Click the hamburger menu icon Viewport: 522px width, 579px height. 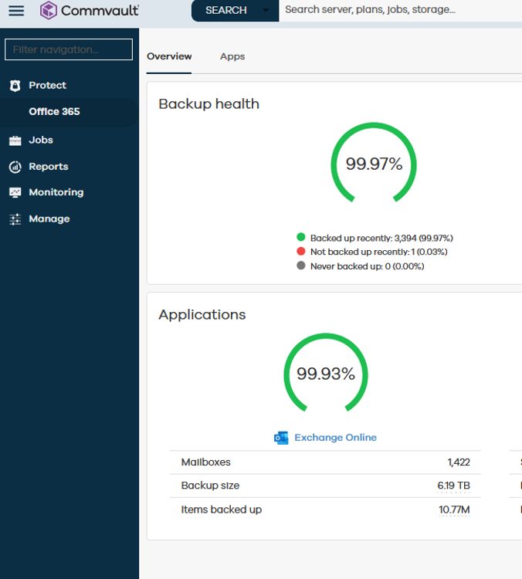[x=16, y=10]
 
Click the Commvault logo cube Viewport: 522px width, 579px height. [x=49, y=10]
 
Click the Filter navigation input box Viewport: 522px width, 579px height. [x=69, y=49]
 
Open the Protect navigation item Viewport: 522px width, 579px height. [x=47, y=85]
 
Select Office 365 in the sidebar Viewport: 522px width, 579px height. [x=54, y=111]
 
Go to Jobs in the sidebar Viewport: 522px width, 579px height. [x=41, y=140]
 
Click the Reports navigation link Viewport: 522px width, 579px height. [x=49, y=167]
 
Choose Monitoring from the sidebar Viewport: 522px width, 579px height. [x=56, y=192]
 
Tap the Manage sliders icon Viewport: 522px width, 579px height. [x=15, y=219]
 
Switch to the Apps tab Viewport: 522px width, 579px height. [x=232, y=56]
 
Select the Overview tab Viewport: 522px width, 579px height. [x=169, y=56]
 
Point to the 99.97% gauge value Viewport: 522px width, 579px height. [x=374, y=164]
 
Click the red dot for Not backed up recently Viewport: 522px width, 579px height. [x=301, y=252]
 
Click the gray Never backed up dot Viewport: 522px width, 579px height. [x=301, y=266]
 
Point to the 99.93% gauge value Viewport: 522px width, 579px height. [x=326, y=374]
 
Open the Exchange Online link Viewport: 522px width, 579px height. [x=335, y=438]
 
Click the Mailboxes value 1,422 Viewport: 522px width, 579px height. [x=459, y=462]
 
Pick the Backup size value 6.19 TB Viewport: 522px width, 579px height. [x=453, y=486]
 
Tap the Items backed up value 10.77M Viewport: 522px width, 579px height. [x=454, y=510]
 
